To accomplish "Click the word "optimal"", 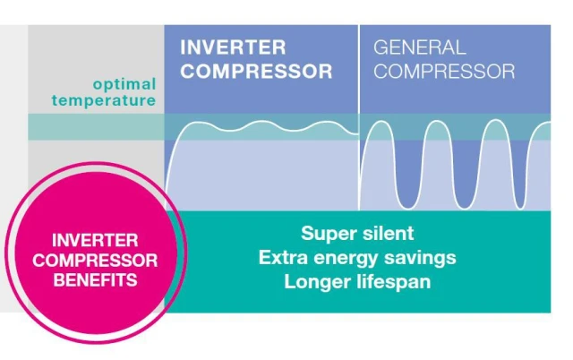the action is (124, 84).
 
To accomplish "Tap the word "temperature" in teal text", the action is (104, 100).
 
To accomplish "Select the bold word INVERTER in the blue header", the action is (233, 47).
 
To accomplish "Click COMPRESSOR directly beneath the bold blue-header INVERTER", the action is (256, 71).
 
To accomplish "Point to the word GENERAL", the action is (420, 47).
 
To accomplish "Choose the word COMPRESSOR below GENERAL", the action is (444, 71).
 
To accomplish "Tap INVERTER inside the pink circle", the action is (95, 241).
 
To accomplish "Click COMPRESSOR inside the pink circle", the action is (95, 261).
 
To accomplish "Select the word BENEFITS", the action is (95, 280).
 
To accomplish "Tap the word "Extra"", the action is (283, 257).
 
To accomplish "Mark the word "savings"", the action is (420, 258).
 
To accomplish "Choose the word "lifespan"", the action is (394, 282).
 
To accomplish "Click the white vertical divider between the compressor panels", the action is (359, 117).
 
